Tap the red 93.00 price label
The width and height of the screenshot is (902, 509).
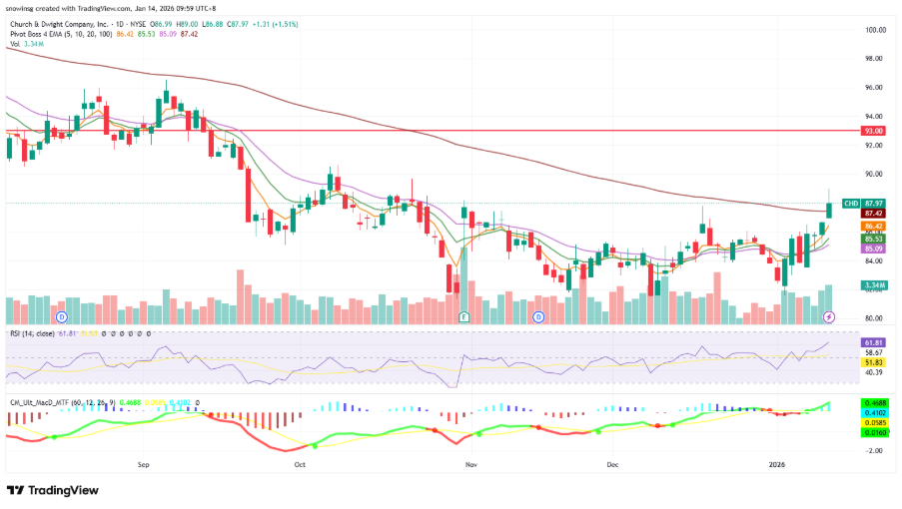(x=874, y=131)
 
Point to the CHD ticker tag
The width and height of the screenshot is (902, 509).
(x=851, y=203)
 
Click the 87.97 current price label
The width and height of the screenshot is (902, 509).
(x=875, y=203)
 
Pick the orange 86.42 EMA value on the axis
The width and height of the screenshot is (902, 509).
(x=874, y=227)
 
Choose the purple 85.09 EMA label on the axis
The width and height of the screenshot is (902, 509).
(x=874, y=249)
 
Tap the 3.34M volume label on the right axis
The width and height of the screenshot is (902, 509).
(x=874, y=285)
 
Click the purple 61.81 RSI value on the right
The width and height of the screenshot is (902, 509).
(x=874, y=342)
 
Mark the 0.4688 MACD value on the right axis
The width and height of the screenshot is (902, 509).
(x=874, y=402)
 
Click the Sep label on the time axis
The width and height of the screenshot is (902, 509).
(x=143, y=464)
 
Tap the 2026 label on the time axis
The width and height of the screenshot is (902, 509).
(x=777, y=464)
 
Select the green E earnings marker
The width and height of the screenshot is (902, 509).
(x=463, y=316)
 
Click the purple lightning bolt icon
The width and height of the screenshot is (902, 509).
(x=828, y=316)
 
